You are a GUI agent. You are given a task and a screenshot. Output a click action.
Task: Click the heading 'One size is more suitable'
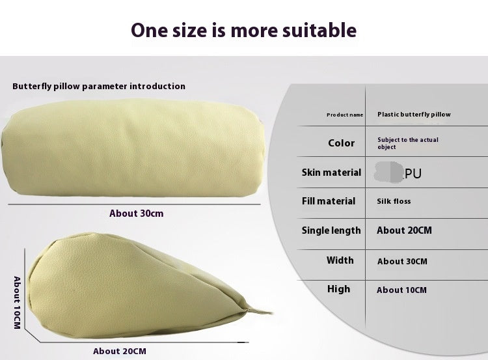click(244, 31)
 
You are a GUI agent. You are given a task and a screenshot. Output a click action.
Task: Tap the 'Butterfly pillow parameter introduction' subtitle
click(99, 87)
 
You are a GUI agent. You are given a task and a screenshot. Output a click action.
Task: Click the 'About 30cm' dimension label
click(137, 214)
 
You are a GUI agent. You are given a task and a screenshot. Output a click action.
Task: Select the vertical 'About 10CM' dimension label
click(17, 303)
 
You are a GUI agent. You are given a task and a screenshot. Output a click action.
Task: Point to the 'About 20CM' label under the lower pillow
click(120, 352)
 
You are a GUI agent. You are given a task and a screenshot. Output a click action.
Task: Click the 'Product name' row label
click(345, 115)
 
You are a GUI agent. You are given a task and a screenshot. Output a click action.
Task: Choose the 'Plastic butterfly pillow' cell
click(414, 115)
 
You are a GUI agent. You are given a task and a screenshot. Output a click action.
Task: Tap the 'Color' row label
click(341, 143)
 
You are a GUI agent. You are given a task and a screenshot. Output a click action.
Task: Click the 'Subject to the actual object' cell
click(408, 143)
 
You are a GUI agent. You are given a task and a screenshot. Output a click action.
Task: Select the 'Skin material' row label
click(331, 173)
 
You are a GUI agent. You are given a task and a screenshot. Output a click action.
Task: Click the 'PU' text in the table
click(413, 173)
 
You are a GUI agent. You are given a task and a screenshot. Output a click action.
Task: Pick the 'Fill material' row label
click(329, 201)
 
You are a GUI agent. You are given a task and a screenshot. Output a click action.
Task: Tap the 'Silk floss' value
click(394, 201)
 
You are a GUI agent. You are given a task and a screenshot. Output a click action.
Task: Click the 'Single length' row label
click(331, 230)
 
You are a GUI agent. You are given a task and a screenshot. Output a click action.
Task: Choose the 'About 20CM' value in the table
click(404, 230)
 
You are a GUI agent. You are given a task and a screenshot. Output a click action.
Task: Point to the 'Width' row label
click(340, 260)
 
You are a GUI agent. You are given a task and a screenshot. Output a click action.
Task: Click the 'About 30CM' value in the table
click(402, 261)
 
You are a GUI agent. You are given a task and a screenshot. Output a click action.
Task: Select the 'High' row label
click(338, 289)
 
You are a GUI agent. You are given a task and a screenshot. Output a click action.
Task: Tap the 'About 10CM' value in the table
click(402, 290)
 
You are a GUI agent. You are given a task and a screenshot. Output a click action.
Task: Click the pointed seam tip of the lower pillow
click(272, 312)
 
